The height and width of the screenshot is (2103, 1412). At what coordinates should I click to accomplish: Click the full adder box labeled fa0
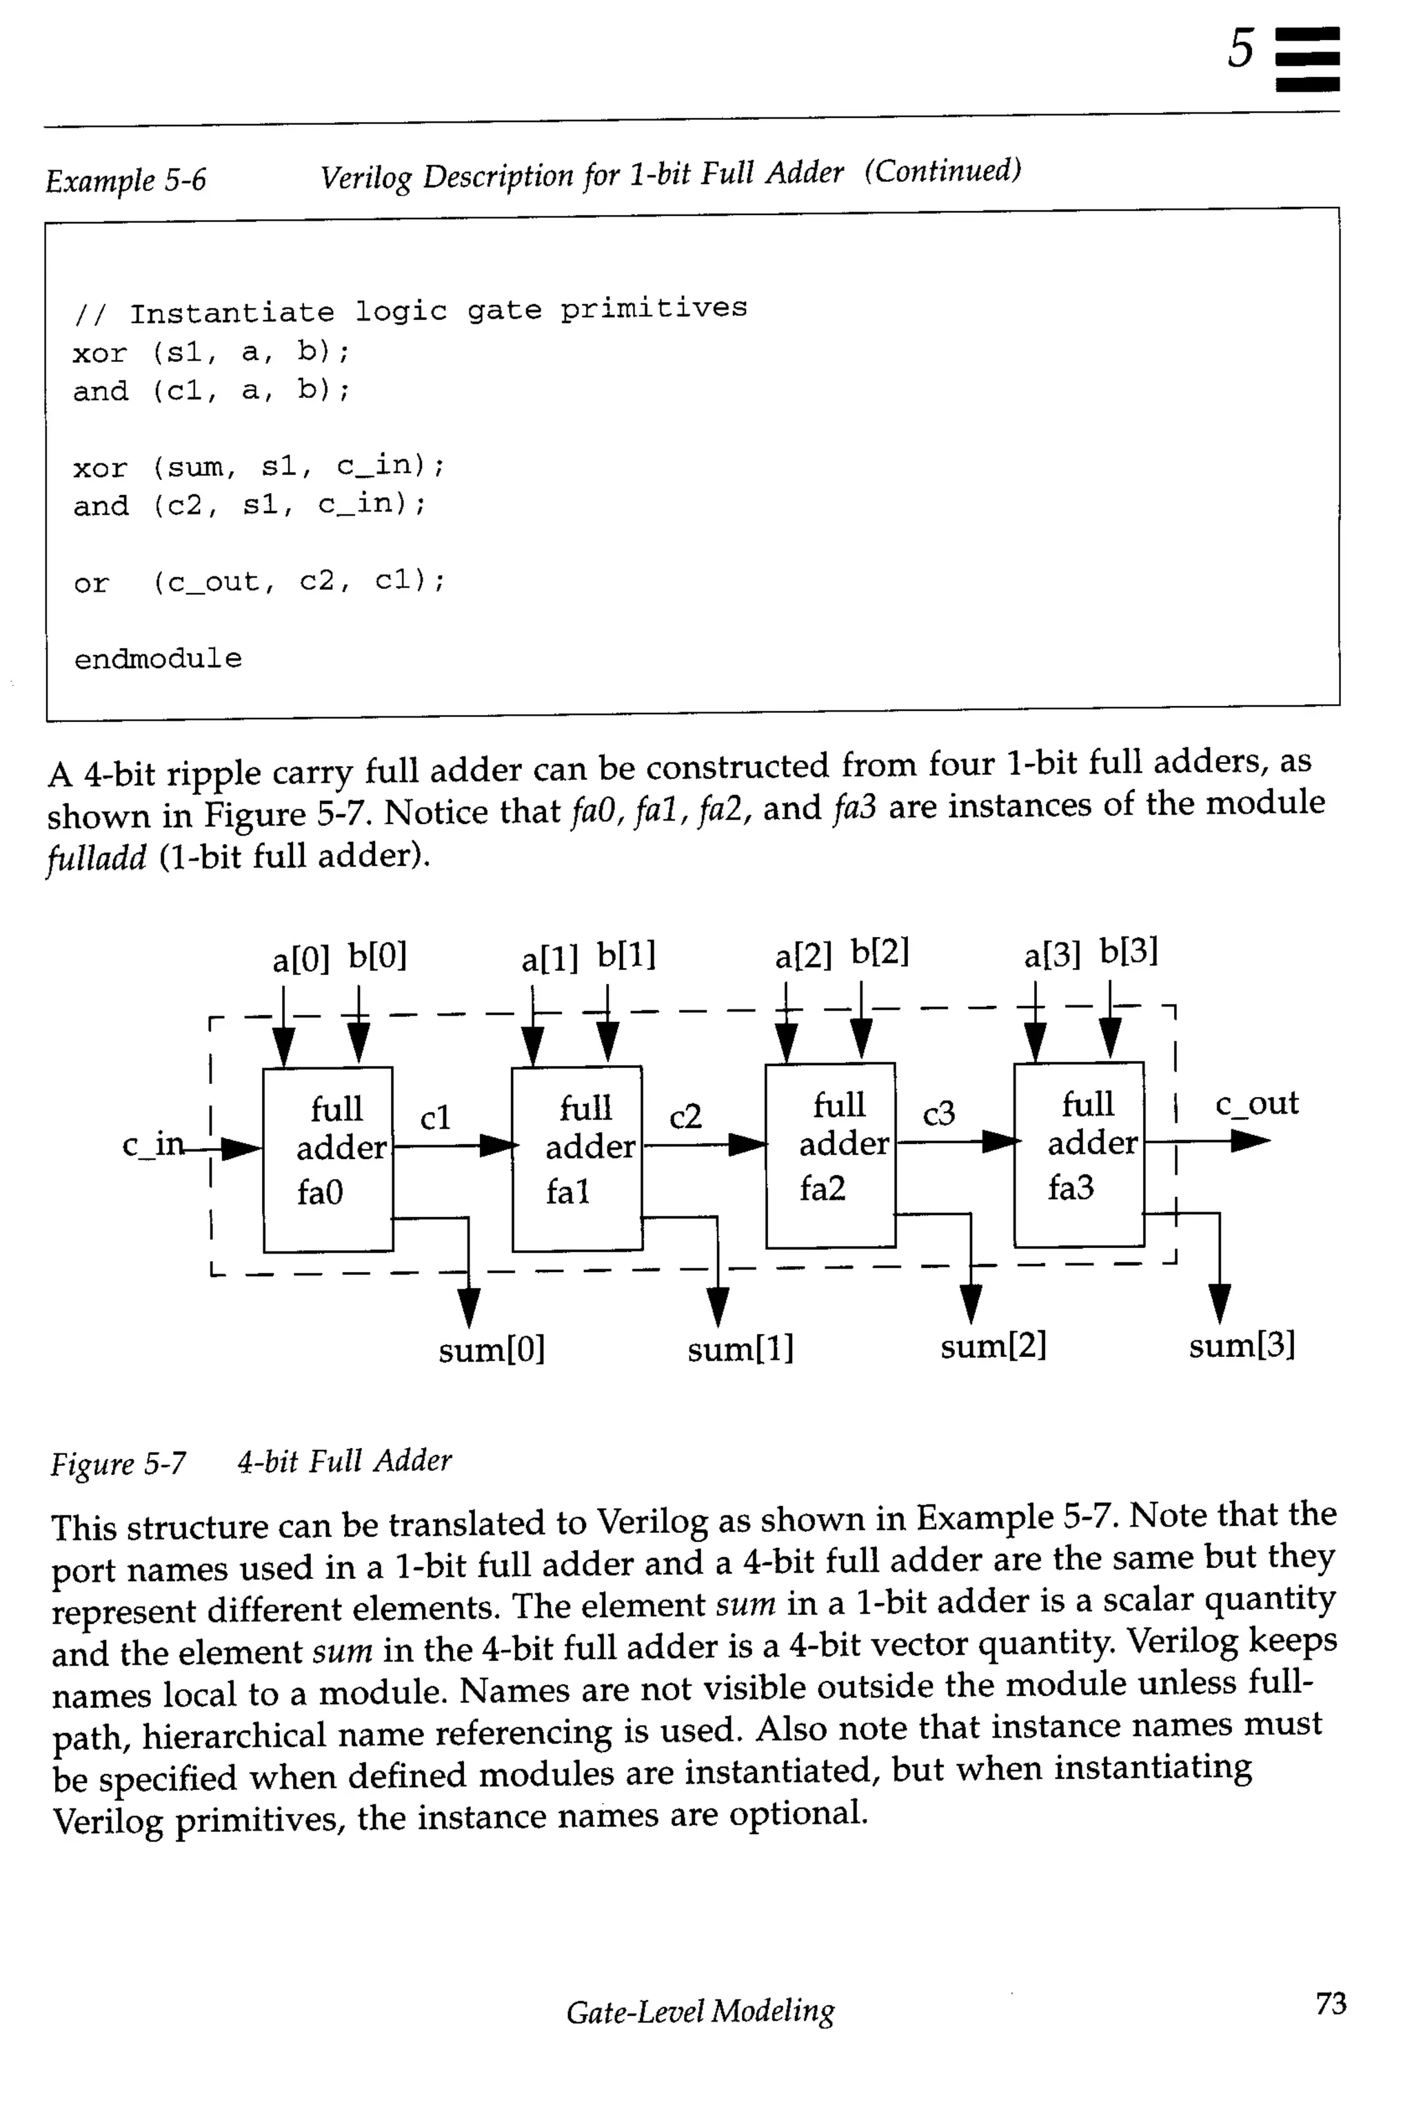(x=327, y=1159)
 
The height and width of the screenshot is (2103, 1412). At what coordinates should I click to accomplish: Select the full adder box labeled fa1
(x=577, y=1158)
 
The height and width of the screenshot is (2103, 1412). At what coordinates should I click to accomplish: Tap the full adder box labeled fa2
(x=830, y=1156)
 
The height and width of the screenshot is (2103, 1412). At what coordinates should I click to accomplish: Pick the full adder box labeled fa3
(x=1079, y=1155)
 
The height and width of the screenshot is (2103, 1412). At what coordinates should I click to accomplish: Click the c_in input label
(x=151, y=1144)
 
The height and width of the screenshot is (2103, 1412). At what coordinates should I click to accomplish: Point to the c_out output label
(x=1256, y=1103)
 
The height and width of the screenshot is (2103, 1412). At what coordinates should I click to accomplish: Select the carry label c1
(x=435, y=1118)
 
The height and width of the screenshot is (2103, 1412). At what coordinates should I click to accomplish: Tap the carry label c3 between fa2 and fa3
(x=938, y=1114)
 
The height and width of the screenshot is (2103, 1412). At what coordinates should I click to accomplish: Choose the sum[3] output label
(x=1241, y=1345)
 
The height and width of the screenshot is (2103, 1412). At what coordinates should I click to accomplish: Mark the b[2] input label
(x=880, y=952)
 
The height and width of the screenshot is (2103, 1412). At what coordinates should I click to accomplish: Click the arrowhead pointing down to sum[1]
(x=718, y=1307)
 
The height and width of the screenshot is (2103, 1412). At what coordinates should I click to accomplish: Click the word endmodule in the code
(x=158, y=659)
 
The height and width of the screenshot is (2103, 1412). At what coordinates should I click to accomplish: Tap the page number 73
(x=1330, y=2003)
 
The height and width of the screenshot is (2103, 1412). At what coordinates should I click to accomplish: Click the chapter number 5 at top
(x=1241, y=49)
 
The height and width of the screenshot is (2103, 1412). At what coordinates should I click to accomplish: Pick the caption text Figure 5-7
(x=118, y=1464)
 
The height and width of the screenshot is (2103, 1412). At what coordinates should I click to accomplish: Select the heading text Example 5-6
(x=125, y=180)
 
